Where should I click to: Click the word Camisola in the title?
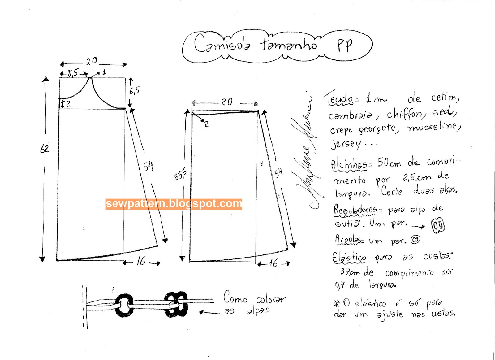(x=222, y=44)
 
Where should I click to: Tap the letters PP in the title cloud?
(x=345, y=46)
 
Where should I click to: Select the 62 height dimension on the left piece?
(x=45, y=149)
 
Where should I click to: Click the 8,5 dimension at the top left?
(x=73, y=73)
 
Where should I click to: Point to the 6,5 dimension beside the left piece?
(x=134, y=91)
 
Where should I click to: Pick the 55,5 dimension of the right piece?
(x=180, y=174)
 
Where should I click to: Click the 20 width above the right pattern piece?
(x=227, y=102)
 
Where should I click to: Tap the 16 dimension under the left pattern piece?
(x=141, y=262)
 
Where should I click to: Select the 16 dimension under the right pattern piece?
(x=273, y=263)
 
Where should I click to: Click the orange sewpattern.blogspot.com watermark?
(x=174, y=204)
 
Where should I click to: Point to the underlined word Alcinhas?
(x=349, y=164)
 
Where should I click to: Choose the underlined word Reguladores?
(x=355, y=210)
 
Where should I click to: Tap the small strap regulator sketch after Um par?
(x=438, y=225)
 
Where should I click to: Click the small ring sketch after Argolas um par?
(x=415, y=239)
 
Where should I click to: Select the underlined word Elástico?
(x=349, y=258)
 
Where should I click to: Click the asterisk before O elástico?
(x=337, y=303)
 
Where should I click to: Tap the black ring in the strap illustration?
(x=124, y=305)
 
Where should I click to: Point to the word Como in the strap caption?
(x=235, y=297)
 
